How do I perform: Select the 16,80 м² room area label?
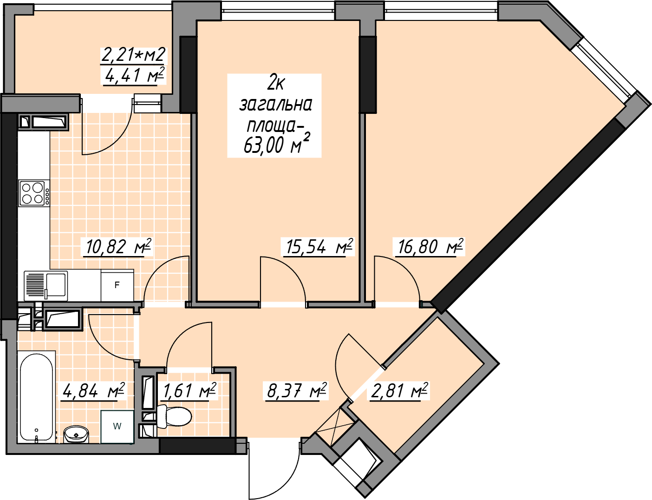pyautogui.click(x=430, y=247)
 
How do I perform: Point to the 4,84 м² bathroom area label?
pyautogui.click(x=93, y=391)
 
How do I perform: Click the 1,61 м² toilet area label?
pyautogui.click(x=189, y=391)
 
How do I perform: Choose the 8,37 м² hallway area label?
pyautogui.click(x=296, y=391)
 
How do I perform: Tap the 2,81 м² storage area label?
pyautogui.click(x=399, y=391)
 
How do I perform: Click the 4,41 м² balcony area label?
pyautogui.click(x=134, y=75)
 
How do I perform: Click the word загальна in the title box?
pyautogui.click(x=275, y=105)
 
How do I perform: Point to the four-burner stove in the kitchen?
pyautogui.click(x=34, y=193)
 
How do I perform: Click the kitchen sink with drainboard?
pyautogui.click(x=46, y=285)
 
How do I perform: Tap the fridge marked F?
pyautogui.click(x=117, y=285)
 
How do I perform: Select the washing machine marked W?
pyautogui.click(x=117, y=427)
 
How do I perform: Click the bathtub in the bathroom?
pyautogui.click(x=37, y=397)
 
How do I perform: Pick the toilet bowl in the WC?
pyautogui.click(x=174, y=416)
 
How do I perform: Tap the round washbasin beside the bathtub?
pyautogui.click(x=76, y=434)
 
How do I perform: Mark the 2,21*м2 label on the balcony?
pyautogui.click(x=134, y=55)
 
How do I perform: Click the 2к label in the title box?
pyautogui.click(x=275, y=84)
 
